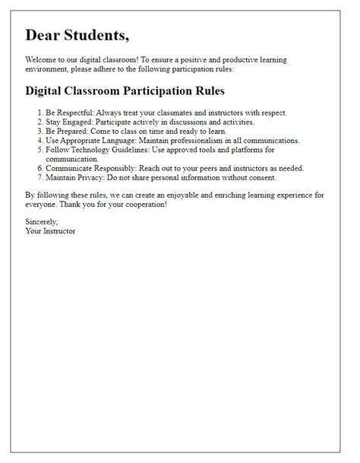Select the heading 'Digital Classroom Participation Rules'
coord(125,90)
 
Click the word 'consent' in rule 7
coord(259,177)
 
